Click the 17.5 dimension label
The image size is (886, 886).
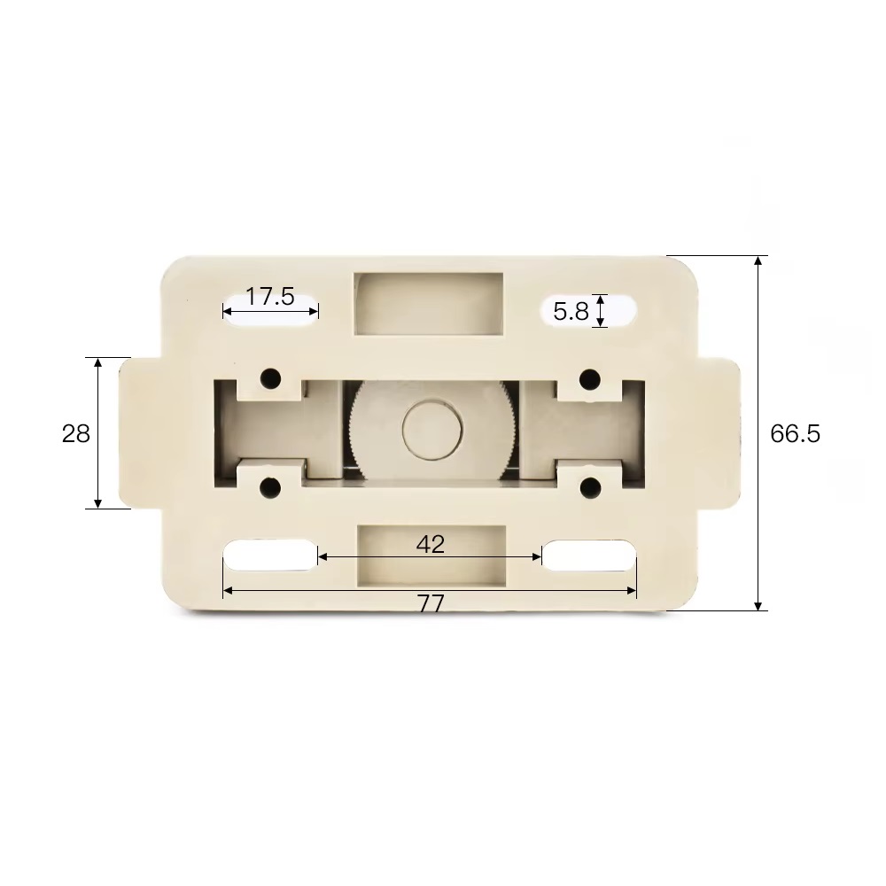(x=269, y=296)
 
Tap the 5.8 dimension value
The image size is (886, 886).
(x=571, y=311)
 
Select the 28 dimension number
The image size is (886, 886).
(x=75, y=433)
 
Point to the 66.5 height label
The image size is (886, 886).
(x=795, y=433)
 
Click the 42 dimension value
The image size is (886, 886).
(x=430, y=544)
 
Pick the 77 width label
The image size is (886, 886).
(x=431, y=604)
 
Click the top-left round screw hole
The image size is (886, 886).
(x=270, y=378)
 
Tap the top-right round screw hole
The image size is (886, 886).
(x=590, y=378)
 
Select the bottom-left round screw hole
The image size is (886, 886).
(x=270, y=487)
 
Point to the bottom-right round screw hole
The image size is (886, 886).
(x=590, y=487)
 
